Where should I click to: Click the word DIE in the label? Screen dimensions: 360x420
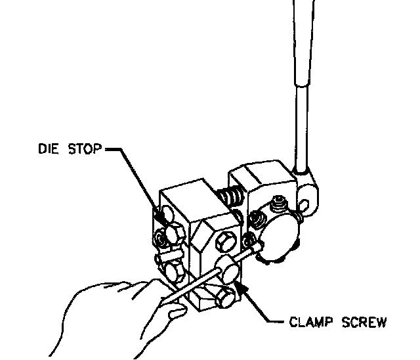[47, 150]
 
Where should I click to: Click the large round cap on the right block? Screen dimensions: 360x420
[276, 236]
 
